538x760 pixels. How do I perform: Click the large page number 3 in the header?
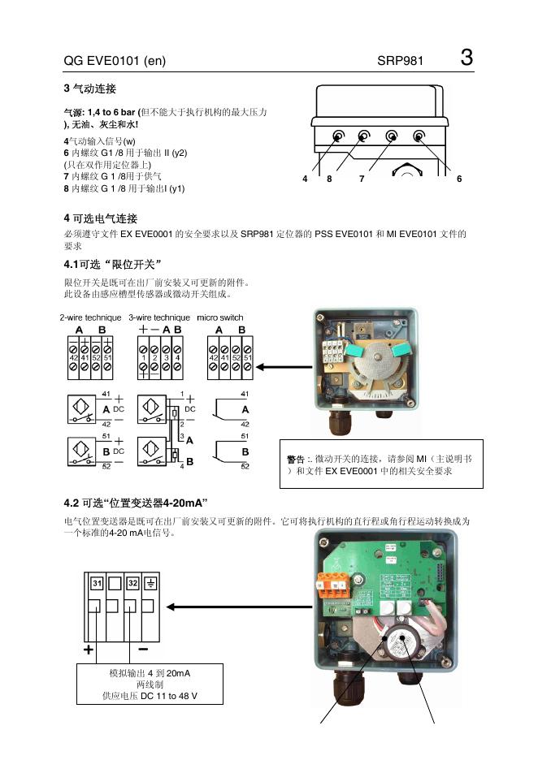click(466, 58)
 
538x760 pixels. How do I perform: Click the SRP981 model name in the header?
click(400, 62)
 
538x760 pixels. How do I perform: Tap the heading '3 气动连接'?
click(95, 87)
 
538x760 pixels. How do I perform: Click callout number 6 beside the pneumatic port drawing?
click(459, 179)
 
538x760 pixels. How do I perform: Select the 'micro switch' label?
click(220, 317)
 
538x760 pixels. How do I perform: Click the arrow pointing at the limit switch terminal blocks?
click(285, 366)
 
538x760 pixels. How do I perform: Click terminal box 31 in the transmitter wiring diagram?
click(96, 583)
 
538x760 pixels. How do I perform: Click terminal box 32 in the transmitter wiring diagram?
click(132, 583)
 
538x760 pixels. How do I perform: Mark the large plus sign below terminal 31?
click(88, 651)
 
